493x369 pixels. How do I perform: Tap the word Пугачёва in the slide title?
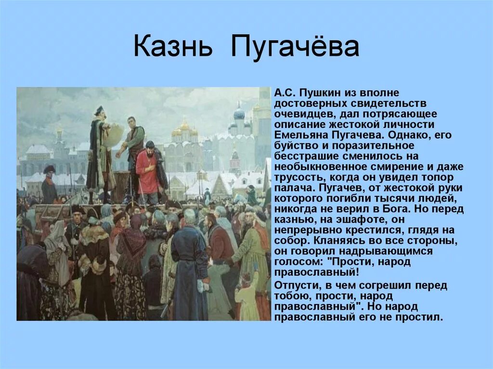click(295, 48)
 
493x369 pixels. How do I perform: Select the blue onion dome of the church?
click(239, 114)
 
